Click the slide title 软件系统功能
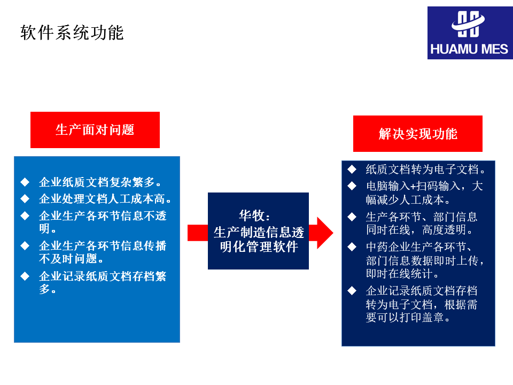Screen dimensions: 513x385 72,33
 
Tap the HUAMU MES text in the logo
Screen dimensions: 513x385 469,49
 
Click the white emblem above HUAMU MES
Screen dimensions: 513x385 468,24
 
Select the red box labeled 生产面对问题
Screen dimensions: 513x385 95,130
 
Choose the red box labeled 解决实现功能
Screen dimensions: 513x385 418,134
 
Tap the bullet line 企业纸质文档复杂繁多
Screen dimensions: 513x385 100,182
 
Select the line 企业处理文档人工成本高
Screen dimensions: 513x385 105,199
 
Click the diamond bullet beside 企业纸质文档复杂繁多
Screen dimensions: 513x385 25,182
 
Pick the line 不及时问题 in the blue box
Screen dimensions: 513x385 71,259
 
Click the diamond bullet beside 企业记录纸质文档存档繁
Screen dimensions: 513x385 25,276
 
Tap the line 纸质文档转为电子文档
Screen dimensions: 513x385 425,170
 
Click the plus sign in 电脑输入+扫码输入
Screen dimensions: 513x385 413,187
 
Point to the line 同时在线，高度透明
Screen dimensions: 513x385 419,230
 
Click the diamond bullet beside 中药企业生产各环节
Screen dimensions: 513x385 352,247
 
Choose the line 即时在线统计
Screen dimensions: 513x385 403,274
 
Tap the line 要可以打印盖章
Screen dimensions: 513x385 408,318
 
